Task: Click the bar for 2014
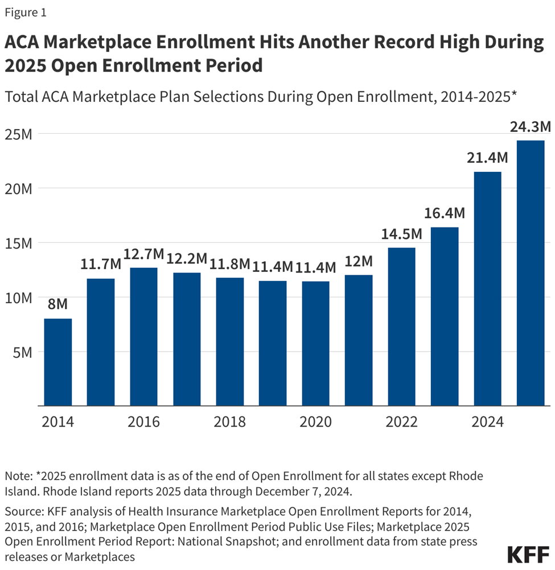tap(58, 362)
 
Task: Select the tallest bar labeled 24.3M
tap(531, 273)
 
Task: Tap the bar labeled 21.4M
tap(487, 288)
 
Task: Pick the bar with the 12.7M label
tap(143, 336)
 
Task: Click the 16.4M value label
tap(445, 213)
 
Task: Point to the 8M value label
tap(58, 304)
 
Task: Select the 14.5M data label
tap(401, 234)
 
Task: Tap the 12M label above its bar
tap(359, 261)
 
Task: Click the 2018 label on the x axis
tap(230, 422)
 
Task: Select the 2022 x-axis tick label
tap(402, 422)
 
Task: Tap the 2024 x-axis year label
tap(488, 422)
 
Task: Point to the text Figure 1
tap(26, 12)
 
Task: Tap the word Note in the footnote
tap(17, 475)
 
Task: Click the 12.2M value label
tap(187, 259)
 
